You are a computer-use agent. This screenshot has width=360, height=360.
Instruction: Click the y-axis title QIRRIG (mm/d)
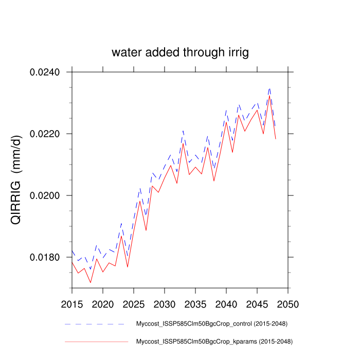17,180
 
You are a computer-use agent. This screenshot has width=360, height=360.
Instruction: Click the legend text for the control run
211,324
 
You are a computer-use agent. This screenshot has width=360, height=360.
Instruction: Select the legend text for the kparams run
213,341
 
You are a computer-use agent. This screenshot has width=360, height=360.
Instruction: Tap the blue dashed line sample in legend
96,324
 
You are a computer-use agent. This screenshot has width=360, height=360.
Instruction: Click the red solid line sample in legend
96,341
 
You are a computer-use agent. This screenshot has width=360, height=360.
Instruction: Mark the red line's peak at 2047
269,96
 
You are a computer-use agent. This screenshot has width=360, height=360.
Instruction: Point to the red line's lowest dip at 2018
91,282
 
